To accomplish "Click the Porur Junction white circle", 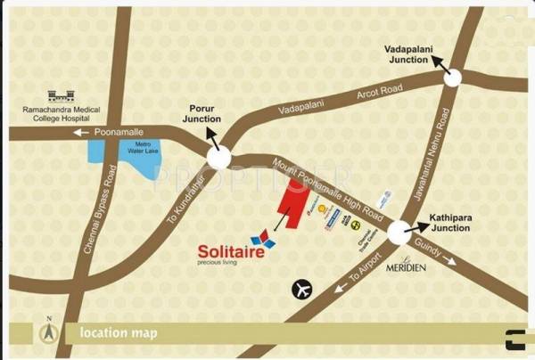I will [x=219, y=159].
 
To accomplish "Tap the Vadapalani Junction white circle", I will [x=453, y=78].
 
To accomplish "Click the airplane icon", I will [x=302, y=289].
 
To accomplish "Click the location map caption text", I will [x=119, y=334].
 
